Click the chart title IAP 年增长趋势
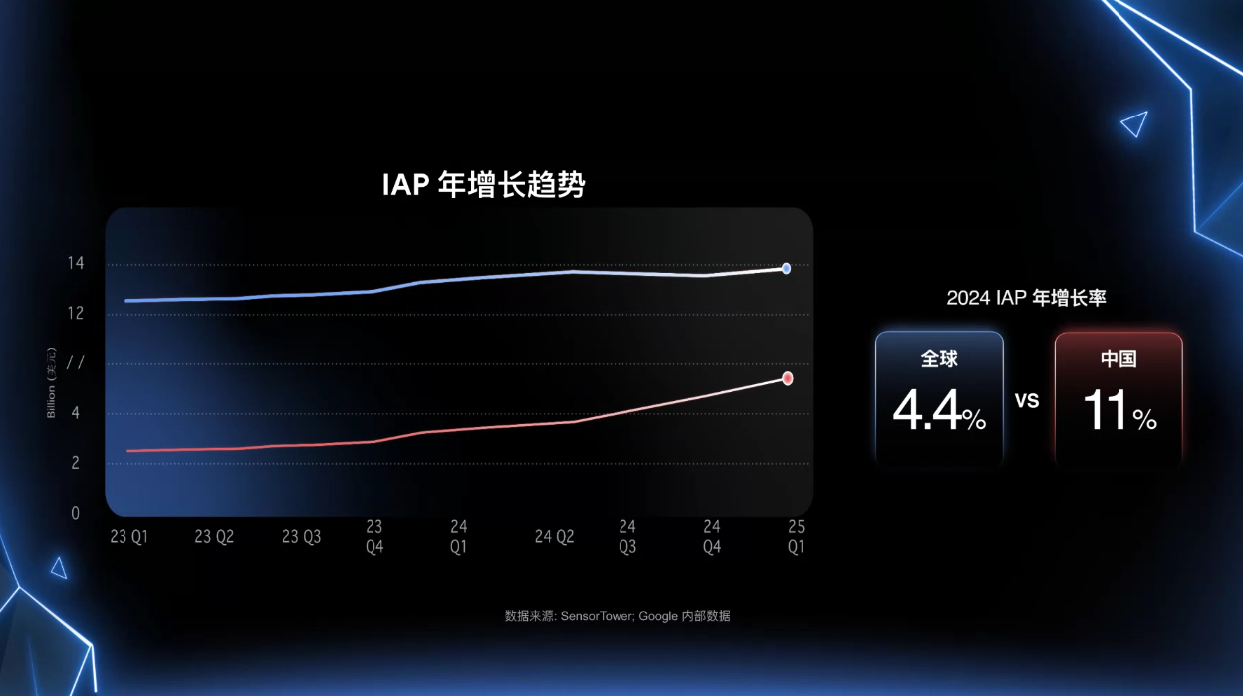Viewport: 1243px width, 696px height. tap(484, 185)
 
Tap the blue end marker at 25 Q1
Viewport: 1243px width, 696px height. tap(786, 268)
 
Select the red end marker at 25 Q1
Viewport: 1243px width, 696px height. tap(787, 378)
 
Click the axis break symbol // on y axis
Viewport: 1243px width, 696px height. tap(74, 363)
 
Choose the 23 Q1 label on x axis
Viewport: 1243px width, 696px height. tap(128, 537)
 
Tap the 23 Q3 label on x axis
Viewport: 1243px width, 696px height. tap(301, 537)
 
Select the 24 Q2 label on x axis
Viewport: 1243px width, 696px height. tap(555, 537)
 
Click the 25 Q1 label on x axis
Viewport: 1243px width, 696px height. tap(796, 536)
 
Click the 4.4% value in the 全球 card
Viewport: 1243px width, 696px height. tap(939, 410)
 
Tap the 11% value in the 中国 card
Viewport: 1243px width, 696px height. tap(1119, 410)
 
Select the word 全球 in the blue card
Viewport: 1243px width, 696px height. tap(939, 359)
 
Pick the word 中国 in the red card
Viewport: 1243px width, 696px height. tap(1119, 359)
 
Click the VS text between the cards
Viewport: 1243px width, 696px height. tap(1027, 400)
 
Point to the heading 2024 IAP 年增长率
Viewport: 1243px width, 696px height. tap(1026, 298)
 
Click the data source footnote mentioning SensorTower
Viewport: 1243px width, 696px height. tap(618, 616)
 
